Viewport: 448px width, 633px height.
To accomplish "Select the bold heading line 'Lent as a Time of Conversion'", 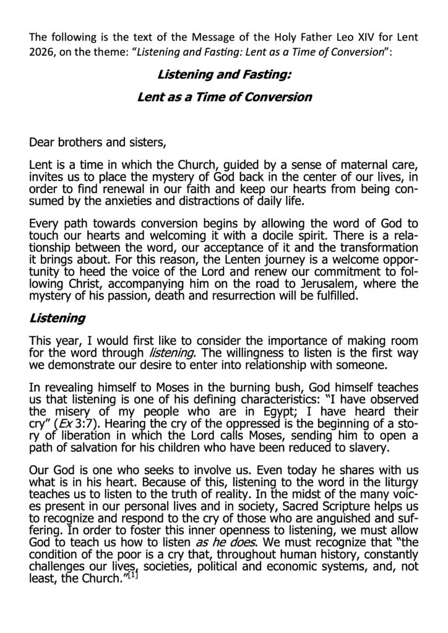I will (x=223, y=97).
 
